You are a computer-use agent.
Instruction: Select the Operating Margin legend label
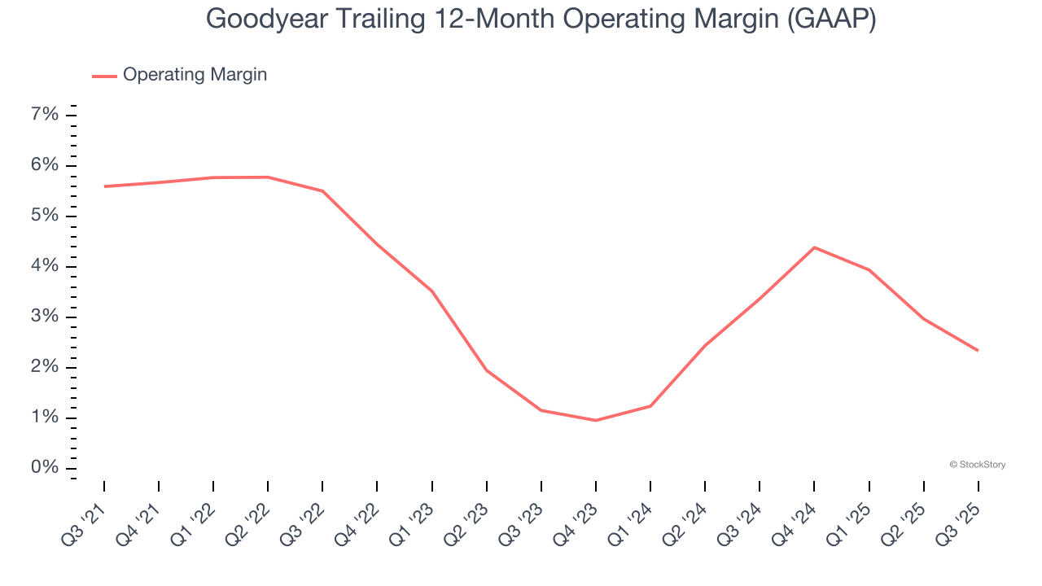195,75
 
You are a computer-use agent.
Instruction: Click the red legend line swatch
104,76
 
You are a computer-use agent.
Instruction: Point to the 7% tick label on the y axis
45,115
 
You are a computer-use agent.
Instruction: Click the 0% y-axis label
45,468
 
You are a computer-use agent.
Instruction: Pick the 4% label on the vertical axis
45,266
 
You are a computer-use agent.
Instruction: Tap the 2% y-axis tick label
45,367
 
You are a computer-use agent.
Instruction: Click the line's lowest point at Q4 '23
596,420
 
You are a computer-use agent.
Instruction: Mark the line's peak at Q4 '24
814,247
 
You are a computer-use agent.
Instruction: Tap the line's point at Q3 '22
322,191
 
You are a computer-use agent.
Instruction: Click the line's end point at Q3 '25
978,350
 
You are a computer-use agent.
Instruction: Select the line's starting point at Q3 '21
105,186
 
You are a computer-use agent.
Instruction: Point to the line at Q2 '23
487,370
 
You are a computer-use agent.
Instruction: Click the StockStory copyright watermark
977,465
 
